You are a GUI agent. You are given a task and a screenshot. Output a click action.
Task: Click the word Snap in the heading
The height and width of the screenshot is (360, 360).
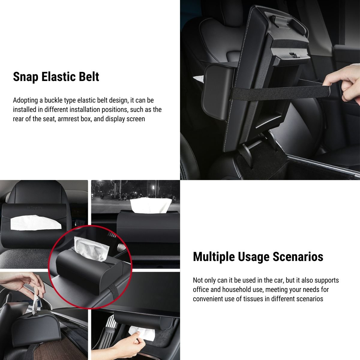pos(25,77)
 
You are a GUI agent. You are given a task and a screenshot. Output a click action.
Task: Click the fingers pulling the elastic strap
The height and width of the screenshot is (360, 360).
pos(345,85)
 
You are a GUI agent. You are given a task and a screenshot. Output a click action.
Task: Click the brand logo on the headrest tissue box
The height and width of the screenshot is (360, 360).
pos(34,207)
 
